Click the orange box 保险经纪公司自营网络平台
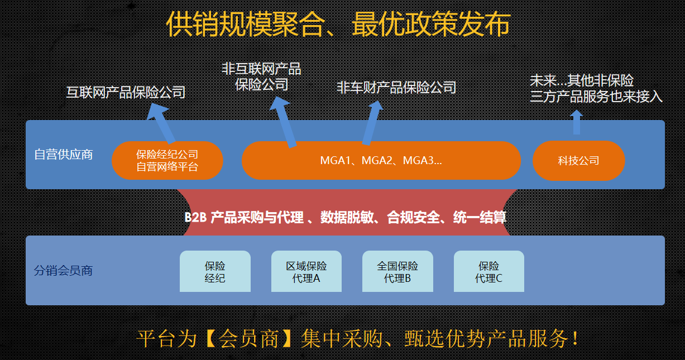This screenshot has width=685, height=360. point(167,160)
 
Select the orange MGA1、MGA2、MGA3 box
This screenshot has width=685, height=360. point(381,160)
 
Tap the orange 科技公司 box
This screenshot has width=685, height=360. point(578,161)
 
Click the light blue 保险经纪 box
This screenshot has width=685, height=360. point(215,271)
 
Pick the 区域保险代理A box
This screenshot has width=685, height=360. point(306,271)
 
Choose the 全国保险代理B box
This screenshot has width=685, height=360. point(397,271)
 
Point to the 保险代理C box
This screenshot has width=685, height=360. point(488,271)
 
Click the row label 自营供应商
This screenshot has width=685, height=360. point(64,154)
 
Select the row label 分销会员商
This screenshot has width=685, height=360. point(63,271)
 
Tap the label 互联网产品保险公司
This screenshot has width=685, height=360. point(126,92)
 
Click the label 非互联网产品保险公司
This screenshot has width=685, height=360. point(261,76)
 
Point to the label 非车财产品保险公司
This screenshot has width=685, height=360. point(396,87)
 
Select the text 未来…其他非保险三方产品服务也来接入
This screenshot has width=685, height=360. point(596,89)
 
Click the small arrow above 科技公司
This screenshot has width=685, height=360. point(577,122)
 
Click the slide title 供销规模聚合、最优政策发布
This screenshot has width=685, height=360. point(338,25)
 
